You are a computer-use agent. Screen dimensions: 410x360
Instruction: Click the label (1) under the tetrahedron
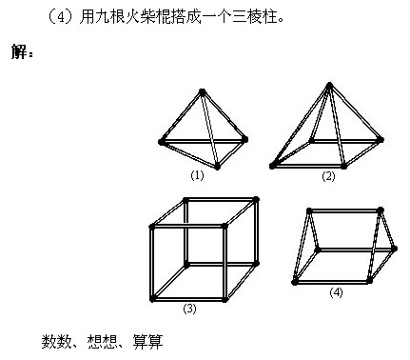(x=197, y=175)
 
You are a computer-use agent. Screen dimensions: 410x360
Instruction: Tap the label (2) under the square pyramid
(x=328, y=176)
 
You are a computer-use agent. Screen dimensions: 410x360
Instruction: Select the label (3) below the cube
(x=189, y=309)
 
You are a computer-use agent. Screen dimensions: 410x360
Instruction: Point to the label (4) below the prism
(x=336, y=292)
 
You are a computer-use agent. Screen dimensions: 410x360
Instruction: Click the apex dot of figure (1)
(x=203, y=92)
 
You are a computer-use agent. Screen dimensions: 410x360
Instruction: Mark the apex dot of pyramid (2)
(x=329, y=85)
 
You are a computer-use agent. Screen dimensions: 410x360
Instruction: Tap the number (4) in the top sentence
(x=61, y=17)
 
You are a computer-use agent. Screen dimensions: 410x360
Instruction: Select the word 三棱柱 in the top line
(x=256, y=16)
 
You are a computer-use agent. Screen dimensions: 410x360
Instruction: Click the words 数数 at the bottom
(x=56, y=342)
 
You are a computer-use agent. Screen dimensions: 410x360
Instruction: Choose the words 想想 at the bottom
(x=103, y=342)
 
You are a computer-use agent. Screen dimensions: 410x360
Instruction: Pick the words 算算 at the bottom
(x=147, y=342)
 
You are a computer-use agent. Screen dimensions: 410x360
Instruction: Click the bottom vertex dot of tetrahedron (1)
(x=217, y=167)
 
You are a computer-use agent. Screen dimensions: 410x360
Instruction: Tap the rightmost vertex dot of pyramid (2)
(x=381, y=139)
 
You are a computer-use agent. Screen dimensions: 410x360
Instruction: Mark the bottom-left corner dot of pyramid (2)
(x=272, y=166)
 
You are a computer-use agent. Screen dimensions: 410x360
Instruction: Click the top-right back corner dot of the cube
(x=256, y=199)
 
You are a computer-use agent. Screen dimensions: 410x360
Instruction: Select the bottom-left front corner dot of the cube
(x=152, y=299)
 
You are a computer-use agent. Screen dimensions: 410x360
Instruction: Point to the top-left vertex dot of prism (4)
(x=309, y=210)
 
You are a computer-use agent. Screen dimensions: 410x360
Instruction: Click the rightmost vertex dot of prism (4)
(x=395, y=249)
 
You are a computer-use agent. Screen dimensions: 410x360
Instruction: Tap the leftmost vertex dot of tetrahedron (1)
(x=162, y=142)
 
